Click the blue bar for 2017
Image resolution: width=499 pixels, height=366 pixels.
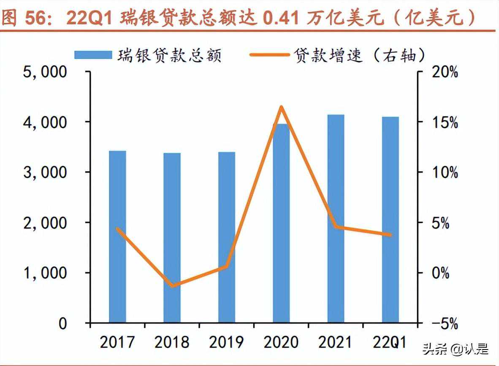[117, 237]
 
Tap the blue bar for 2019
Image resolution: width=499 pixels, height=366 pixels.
[227, 238]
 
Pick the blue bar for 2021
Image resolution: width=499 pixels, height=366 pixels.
[336, 219]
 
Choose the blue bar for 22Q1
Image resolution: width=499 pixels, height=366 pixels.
[391, 220]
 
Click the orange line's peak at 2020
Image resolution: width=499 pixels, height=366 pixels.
[281, 107]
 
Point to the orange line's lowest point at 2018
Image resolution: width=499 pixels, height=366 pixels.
[172, 286]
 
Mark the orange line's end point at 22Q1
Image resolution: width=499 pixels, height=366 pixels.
[390, 235]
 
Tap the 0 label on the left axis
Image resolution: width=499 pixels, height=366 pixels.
[62, 324]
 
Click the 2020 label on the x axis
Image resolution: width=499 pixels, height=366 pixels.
[281, 342]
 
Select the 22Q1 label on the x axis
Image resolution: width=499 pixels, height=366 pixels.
[391, 342]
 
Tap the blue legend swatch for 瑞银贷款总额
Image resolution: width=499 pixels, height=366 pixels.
[93, 55]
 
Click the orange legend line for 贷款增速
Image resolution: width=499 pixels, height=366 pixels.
[270, 55]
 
